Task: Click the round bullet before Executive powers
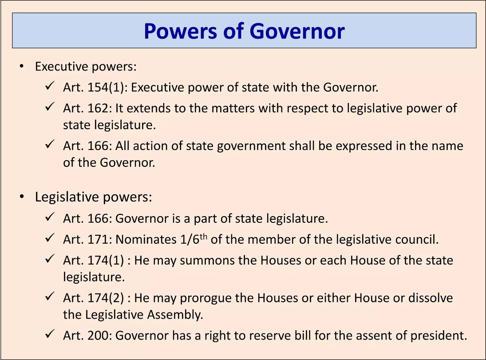pyautogui.click(x=21, y=67)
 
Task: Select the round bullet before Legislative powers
pyautogui.click(x=21, y=197)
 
